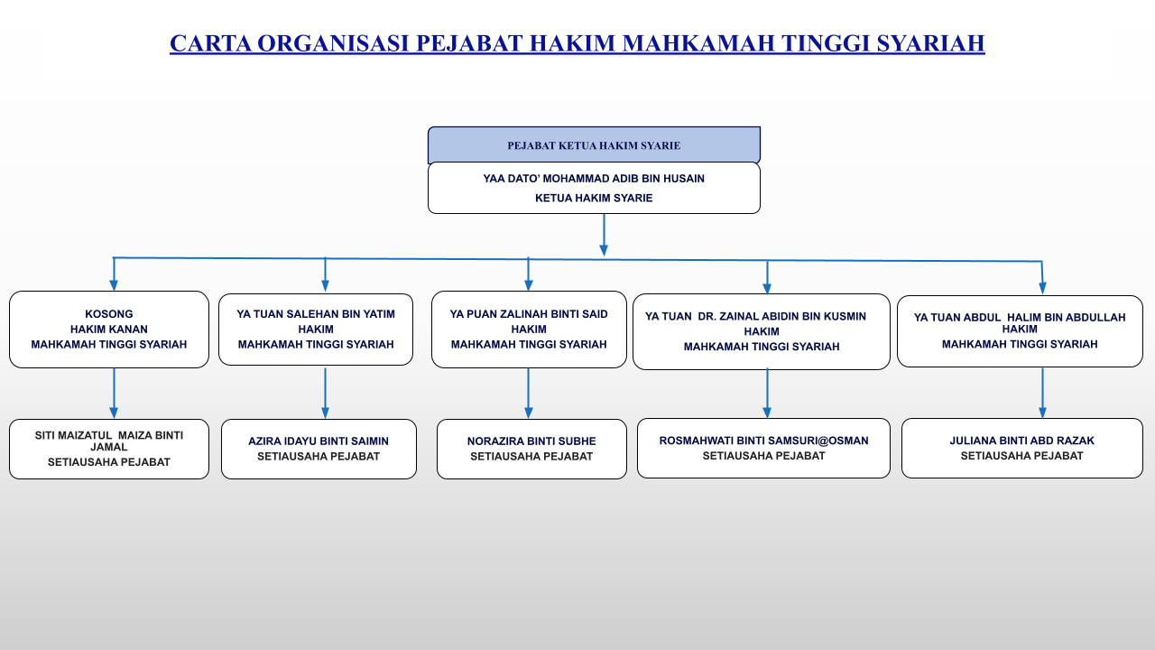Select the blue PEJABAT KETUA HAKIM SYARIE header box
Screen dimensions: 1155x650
[594, 145]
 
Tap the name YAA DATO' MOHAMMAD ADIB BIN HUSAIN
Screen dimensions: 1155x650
[594, 179]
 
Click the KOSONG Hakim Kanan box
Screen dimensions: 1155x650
[109, 330]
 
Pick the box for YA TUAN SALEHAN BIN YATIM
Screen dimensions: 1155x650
[316, 330]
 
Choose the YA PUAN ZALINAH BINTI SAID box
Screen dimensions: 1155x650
[529, 330]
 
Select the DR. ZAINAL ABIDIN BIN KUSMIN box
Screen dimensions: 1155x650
[761, 331]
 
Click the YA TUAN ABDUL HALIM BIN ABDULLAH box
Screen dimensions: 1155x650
[1020, 330]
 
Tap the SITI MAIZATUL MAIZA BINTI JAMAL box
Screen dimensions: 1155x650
[109, 449]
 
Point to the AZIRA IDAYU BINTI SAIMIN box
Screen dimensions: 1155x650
[319, 449]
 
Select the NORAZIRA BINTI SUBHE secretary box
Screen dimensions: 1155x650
[531, 449]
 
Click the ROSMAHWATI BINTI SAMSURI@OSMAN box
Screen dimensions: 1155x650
[763, 448]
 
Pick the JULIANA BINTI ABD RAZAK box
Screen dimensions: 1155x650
[1022, 448]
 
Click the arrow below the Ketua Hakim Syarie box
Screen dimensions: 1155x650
[604, 235]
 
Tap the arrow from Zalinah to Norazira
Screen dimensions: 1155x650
[529, 393]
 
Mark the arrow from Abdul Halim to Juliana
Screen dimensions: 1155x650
[1042, 393]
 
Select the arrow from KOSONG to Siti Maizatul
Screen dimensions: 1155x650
[114, 393]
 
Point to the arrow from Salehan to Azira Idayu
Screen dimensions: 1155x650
[326, 393]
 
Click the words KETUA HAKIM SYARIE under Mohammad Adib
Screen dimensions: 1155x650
[594, 198]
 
